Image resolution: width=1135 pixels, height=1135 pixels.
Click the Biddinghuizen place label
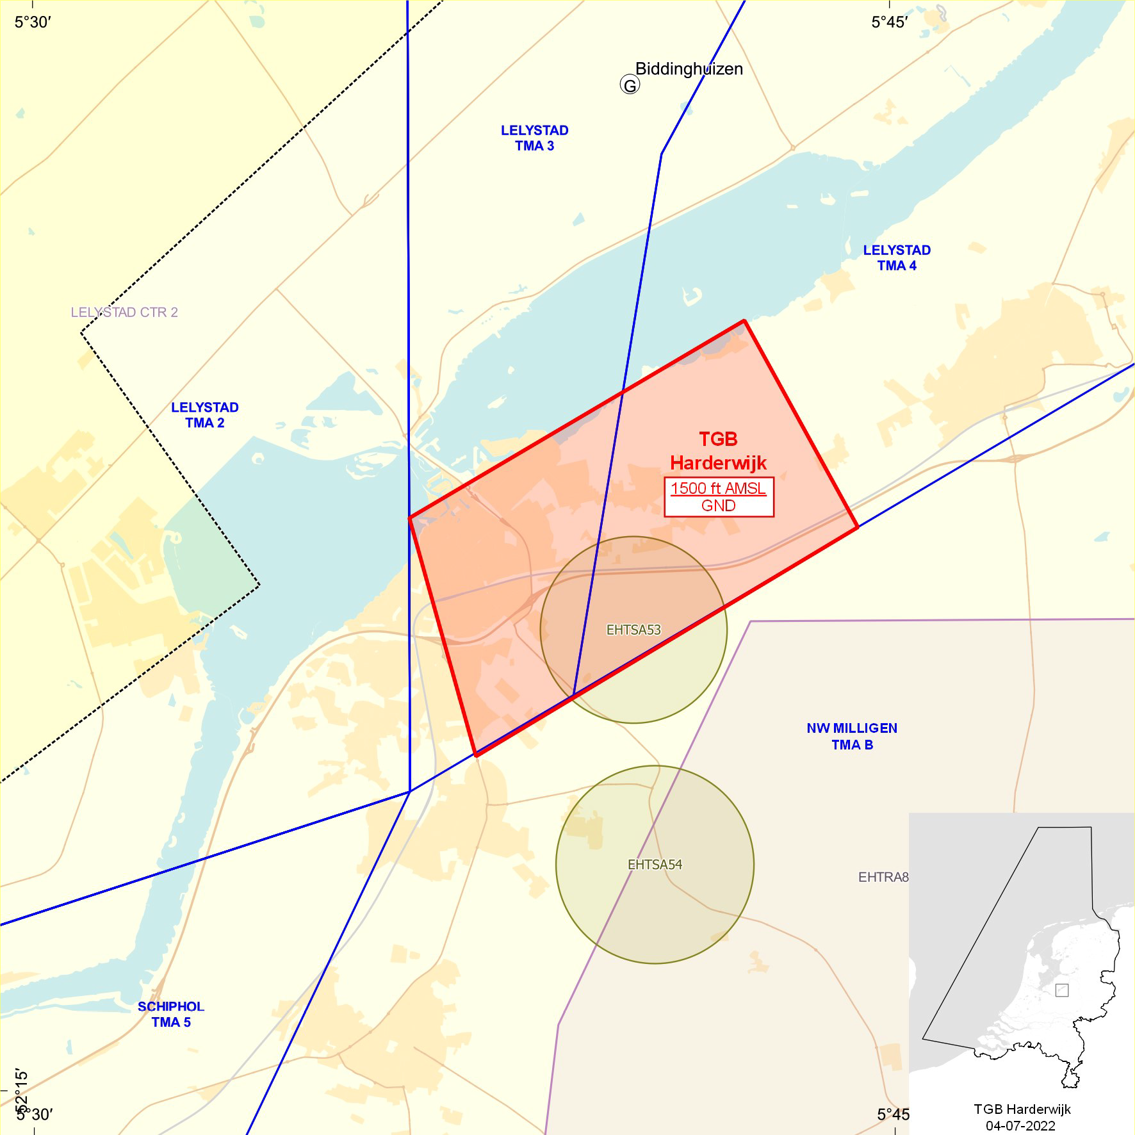[689, 69]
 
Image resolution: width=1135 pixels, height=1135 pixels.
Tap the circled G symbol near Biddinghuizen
[630, 85]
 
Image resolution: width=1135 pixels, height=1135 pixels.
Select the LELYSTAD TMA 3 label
[534, 138]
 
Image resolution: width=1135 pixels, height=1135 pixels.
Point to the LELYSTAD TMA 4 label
[896, 257]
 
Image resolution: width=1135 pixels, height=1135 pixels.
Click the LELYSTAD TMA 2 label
[204, 414]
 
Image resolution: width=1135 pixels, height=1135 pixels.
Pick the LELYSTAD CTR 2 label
[124, 313]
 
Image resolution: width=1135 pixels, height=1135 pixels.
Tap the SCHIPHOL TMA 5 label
[171, 1014]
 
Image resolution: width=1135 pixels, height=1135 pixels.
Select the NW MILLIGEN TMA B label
[852, 736]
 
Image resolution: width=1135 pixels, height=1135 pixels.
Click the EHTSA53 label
[633, 630]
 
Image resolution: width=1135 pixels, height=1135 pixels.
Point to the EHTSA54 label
[655, 865]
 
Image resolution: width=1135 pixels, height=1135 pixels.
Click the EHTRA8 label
[883, 877]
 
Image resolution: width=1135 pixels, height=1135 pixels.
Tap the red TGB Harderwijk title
[718, 451]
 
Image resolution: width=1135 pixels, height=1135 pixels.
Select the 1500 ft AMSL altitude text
[718, 488]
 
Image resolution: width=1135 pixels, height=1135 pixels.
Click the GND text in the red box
[718, 506]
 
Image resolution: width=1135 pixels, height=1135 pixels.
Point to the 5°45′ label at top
[889, 22]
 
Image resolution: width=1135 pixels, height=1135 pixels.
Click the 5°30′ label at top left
[33, 22]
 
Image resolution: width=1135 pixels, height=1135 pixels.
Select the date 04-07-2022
[1020, 1125]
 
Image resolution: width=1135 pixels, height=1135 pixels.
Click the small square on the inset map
[1061, 990]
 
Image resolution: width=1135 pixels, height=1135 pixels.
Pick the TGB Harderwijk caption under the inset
[1022, 1109]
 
